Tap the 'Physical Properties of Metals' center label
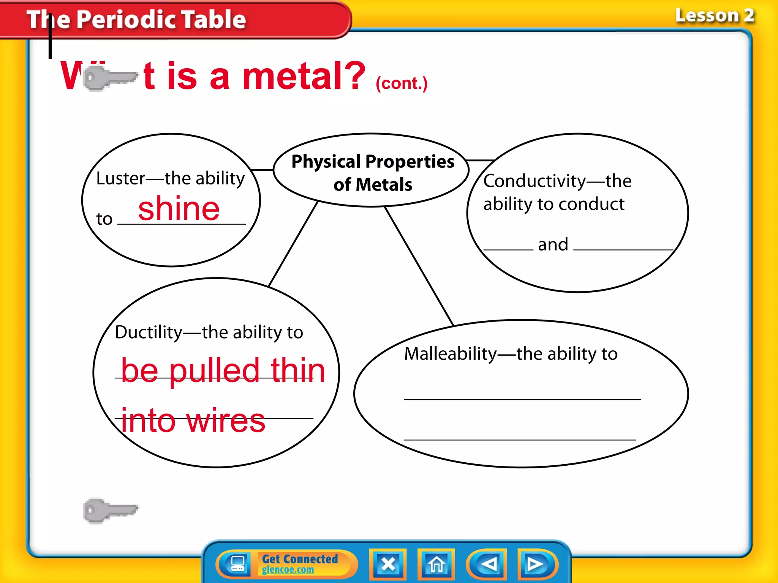click(373, 173)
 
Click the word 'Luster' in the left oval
click(120, 178)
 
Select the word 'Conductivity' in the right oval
click(534, 181)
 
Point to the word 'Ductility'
click(149, 332)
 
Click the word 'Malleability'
click(450, 354)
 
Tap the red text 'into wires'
click(193, 421)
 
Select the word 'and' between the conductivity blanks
click(553, 244)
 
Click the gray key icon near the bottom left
click(110, 511)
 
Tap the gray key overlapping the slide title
click(110, 77)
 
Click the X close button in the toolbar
click(388, 564)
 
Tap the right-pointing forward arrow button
click(536, 564)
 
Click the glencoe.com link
click(288, 570)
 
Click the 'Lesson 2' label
click(715, 16)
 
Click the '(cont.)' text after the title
click(402, 84)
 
